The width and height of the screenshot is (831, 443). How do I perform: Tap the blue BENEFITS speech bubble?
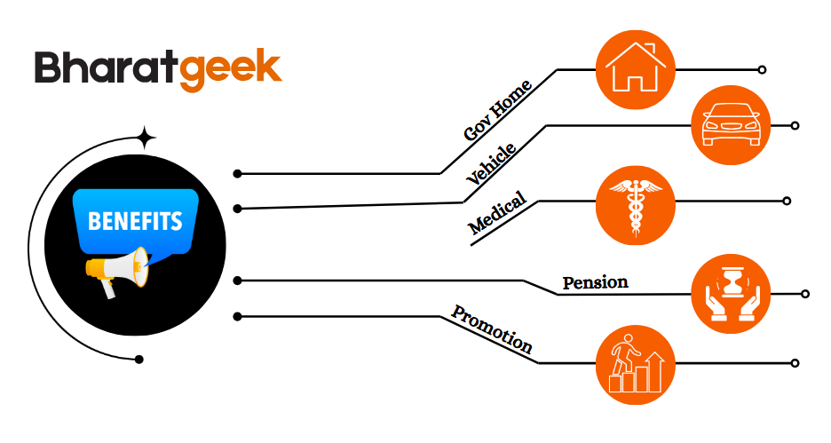[x=135, y=221]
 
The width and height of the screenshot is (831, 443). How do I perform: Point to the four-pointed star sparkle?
[x=146, y=138]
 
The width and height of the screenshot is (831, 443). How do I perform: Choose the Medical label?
[x=497, y=214]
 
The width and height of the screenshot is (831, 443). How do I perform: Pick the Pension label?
[x=595, y=282]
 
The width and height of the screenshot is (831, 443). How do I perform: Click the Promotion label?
[x=492, y=328]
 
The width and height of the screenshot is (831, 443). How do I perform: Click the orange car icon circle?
[x=731, y=125]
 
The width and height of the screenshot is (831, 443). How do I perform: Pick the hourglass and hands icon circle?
[x=731, y=293]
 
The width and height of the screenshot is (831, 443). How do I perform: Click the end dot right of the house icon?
[x=763, y=69]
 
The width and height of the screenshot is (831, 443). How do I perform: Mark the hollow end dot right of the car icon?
[x=795, y=126]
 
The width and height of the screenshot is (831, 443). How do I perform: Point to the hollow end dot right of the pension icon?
[x=805, y=294]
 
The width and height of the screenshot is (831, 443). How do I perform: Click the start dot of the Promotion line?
[x=237, y=316]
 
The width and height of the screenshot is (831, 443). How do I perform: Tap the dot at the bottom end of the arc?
[x=138, y=359]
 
